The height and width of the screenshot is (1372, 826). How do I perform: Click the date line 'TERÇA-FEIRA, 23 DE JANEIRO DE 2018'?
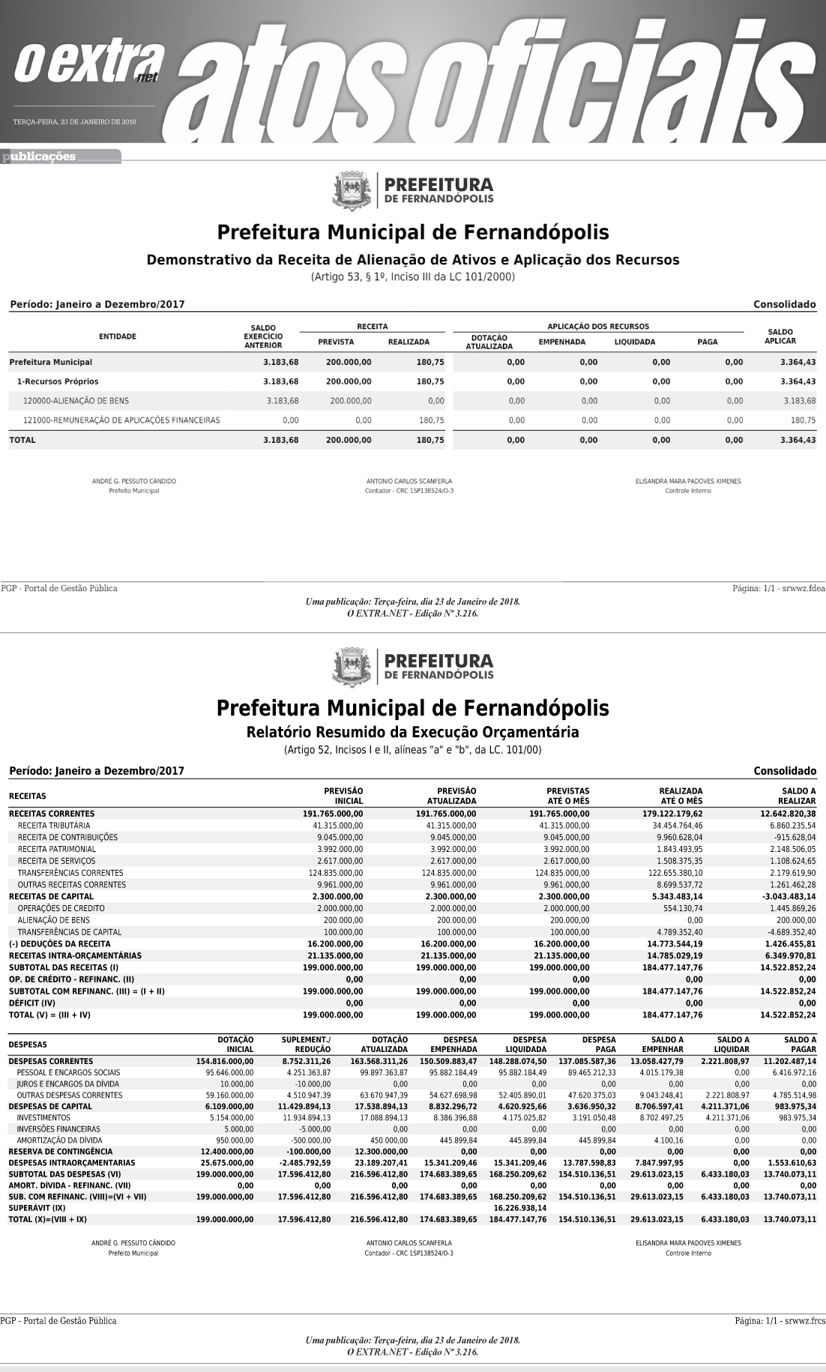coord(74,121)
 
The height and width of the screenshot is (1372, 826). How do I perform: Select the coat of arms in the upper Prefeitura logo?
coord(352,191)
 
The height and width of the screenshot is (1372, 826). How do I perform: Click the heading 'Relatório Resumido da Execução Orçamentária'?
coord(412,731)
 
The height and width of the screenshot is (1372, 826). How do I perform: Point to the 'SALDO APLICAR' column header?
coord(780,336)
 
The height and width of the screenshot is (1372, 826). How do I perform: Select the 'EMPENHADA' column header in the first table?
coord(561,342)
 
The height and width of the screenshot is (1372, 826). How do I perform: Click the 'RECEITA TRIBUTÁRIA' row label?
coord(54,825)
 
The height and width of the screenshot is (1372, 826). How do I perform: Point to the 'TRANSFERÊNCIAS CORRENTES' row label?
coord(70,873)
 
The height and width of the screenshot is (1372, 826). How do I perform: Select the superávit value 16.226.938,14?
coord(519,1208)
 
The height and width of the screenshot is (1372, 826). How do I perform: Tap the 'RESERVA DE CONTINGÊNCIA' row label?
coord(61,1151)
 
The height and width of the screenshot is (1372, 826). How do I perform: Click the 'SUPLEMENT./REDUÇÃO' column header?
coord(306,1045)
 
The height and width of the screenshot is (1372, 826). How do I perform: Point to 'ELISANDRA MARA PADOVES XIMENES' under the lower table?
coord(688,1242)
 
